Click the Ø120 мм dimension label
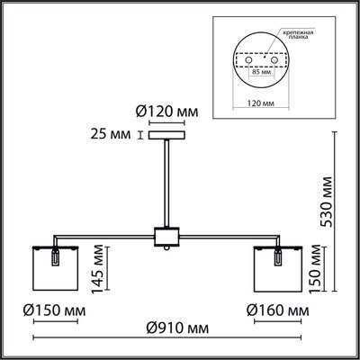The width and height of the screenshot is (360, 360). coord(166,112)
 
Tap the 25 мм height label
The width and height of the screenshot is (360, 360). coord(111,134)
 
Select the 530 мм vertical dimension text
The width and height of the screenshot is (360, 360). coord(326,202)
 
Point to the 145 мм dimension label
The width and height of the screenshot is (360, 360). coord(98,269)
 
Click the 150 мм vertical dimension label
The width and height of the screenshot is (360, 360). coord(316,268)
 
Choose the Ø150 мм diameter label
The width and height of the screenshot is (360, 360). coord(55,310)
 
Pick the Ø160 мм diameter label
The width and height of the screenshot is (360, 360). coord(278,310)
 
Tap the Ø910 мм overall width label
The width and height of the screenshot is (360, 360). coord(177,328)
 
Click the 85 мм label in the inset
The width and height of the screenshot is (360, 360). coord(261,72)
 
